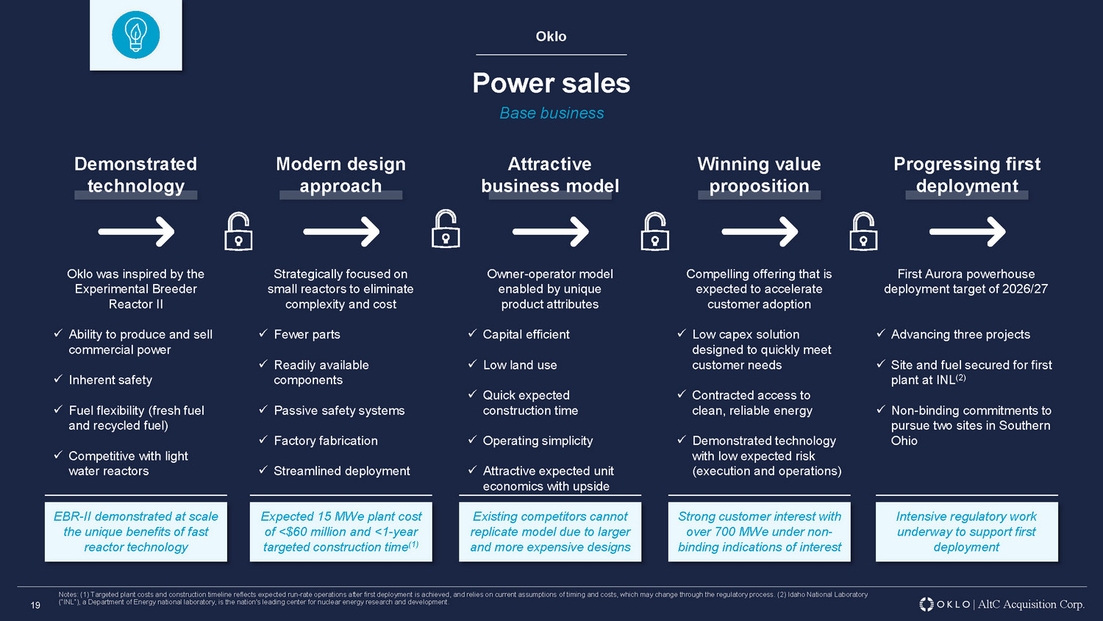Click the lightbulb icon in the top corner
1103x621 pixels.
click(136, 35)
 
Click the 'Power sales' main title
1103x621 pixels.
click(551, 83)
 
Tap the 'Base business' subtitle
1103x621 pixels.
click(551, 113)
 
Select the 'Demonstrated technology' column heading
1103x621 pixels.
click(135, 174)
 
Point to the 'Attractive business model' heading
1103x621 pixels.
click(550, 174)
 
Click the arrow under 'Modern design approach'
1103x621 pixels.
click(341, 231)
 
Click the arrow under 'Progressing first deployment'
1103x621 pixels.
click(967, 231)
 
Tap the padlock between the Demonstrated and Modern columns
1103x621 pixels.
click(238, 232)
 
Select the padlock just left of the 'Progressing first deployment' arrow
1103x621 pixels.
click(863, 232)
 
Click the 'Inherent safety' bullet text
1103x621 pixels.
click(110, 380)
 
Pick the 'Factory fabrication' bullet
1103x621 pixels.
click(326, 441)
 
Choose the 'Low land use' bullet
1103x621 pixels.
click(520, 365)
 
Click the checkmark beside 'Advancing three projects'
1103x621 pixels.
click(881, 333)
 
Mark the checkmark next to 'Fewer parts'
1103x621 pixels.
click(263, 333)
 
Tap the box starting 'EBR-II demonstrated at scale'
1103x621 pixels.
click(136, 532)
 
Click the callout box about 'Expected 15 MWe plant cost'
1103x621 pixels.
click(340, 532)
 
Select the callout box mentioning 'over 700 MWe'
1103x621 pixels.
click(760, 532)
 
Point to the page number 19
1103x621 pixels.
click(35, 606)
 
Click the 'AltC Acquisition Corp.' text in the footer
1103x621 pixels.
click(1031, 604)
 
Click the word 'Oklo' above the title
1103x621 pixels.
click(551, 37)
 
